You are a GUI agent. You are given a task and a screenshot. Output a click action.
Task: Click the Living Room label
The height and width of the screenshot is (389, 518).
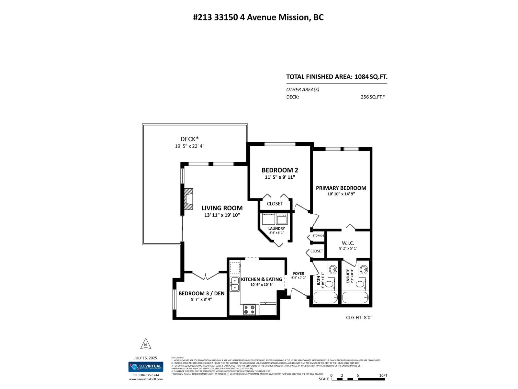click(x=222, y=208)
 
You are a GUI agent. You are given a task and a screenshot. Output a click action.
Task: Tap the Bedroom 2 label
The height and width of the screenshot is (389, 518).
click(x=280, y=170)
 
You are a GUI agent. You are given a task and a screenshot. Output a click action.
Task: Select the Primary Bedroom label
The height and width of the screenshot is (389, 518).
click(x=341, y=188)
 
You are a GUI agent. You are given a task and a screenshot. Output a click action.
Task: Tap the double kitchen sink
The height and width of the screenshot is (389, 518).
click(x=234, y=284)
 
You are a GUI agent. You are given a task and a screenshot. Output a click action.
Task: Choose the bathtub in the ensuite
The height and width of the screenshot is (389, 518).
click(x=355, y=298)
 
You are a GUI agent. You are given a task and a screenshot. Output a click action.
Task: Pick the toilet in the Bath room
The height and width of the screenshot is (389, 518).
click(x=329, y=285)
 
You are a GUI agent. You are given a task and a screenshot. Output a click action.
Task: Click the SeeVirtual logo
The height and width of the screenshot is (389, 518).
click(x=146, y=367)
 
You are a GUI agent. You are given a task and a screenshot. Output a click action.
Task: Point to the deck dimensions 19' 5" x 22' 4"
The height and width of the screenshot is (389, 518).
click(x=190, y=146)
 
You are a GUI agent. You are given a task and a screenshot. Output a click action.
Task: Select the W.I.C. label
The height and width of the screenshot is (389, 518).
click(x=348, y=243)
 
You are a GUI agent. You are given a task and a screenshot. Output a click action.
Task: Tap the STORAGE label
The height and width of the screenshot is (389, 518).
click(x=318, y=236)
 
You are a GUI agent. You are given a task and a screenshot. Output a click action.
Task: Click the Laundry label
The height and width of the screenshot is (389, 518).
click(x=276, y=229)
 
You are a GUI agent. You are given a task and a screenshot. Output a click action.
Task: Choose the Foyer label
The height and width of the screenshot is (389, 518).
click(x=298, y=274)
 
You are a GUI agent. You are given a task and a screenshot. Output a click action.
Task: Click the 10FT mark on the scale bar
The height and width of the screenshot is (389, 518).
click(x=383, y=375)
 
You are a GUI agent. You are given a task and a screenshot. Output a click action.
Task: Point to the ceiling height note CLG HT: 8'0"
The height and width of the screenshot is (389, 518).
click(x=359, y=318)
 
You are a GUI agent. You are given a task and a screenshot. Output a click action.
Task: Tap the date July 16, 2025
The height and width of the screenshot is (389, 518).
click(x=145, y=358)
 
